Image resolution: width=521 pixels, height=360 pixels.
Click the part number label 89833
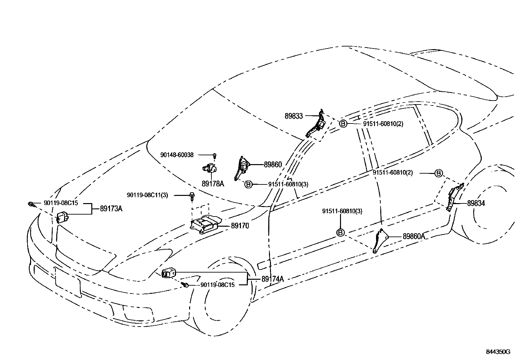point(294,116)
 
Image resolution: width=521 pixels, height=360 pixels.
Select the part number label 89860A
point(414,236)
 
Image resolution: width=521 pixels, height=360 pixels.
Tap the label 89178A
point(213,184)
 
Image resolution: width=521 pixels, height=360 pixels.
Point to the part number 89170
point(240,226)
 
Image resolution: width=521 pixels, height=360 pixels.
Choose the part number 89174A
point(273,279)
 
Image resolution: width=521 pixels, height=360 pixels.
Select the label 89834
point(476,203)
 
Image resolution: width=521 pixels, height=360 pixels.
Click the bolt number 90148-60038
point(177,155)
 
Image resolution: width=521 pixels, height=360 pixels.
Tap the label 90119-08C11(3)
point(147,195)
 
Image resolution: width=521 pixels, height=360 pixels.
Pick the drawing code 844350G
point(498,352)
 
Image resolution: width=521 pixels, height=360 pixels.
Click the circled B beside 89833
point(343,124)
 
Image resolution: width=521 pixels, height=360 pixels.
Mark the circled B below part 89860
point(248,184)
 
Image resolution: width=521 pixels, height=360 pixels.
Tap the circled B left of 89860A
point(340,233)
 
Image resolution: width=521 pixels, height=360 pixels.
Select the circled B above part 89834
point(439,173)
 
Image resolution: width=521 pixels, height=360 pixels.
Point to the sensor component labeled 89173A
point(63,217)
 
